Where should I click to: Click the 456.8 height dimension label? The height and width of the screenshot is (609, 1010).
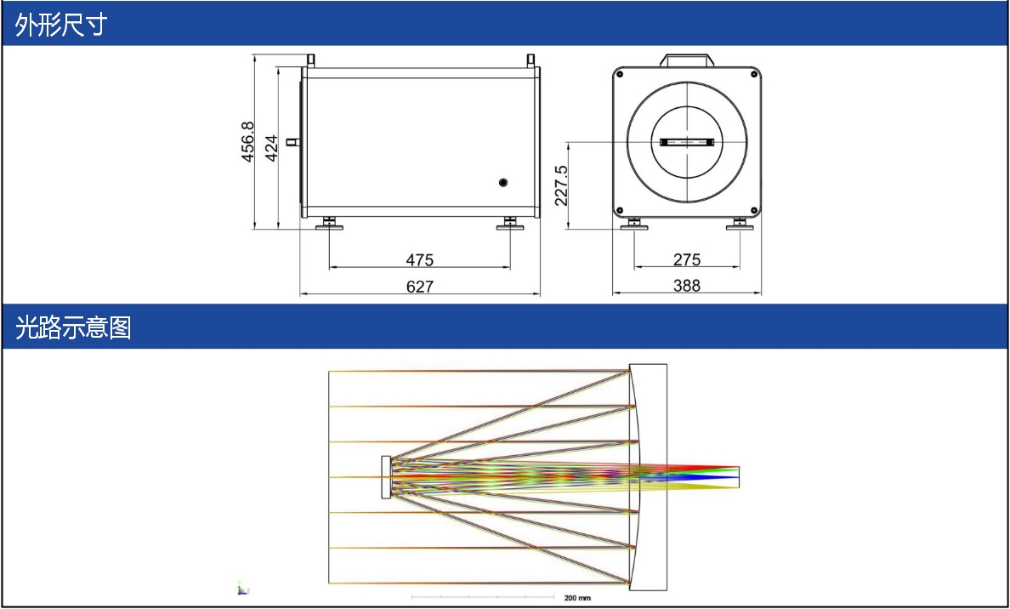[x=248, y=142]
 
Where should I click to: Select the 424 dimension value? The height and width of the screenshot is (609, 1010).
[x=271, y=148]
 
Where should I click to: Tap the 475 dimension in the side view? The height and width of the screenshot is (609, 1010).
[x=420, y=259]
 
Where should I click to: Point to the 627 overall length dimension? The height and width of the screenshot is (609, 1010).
[x=420, y=286]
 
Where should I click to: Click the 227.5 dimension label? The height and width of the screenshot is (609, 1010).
[x=561, y=185]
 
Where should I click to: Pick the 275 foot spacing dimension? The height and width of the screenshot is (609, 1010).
[x=687, y=259]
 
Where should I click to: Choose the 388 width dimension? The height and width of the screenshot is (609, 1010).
[x=687, y=286]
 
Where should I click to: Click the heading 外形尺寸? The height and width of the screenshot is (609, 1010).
[x=61, y=26]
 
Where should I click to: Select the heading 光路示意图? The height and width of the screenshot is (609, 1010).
[x=73, y=328]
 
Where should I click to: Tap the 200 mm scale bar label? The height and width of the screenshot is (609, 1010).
[x=577, y=598]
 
